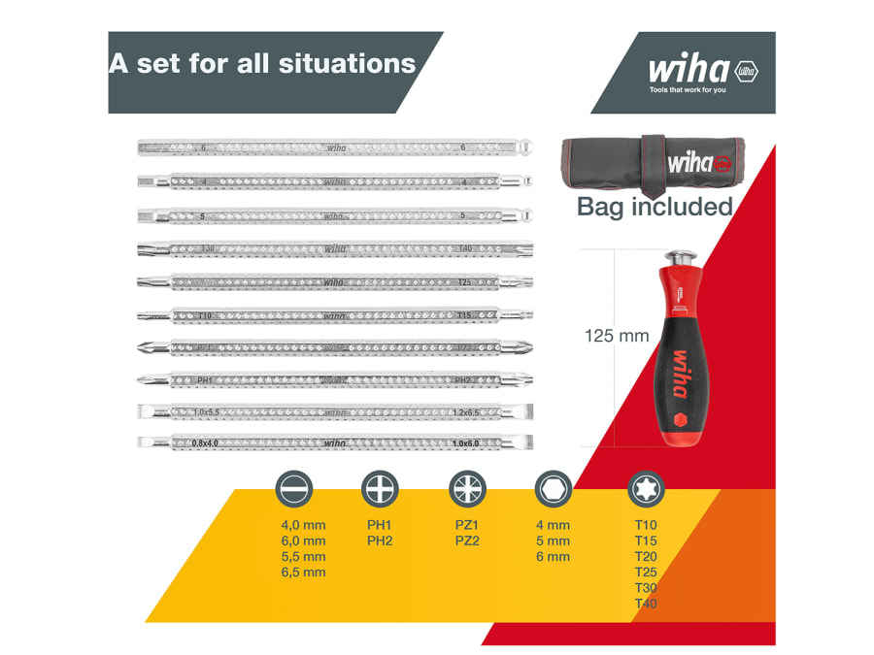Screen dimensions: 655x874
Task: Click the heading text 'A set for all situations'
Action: pyautogui.click(x=262, y=64)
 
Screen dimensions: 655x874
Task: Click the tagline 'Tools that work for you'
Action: pyautogui.click(x=688, y=90)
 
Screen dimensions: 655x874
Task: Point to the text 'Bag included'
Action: pyautogui.click(x=655, y=207)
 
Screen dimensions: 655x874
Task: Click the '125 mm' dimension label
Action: pyautogui.click(x=616, y=337)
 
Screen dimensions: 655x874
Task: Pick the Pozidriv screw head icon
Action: pyautogui.click(x=466, y=488)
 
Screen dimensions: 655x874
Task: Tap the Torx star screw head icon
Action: pyautogui.click(x=643, y=488)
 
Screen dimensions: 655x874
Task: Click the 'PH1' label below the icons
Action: pyautogui.click(x=379, y=525)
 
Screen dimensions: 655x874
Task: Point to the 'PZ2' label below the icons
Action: pyautogui.click(x=467, y=540)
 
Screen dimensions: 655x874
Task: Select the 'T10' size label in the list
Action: pyautogui.click(x=645, y=525)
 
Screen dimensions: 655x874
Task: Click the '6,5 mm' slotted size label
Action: pyautogui.click(x=303, y=573)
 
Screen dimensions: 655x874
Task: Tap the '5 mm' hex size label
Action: pyautogui.click(x=553, y=540)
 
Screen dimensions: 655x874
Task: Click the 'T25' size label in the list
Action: pyautogui.click(x=645, y=573)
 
